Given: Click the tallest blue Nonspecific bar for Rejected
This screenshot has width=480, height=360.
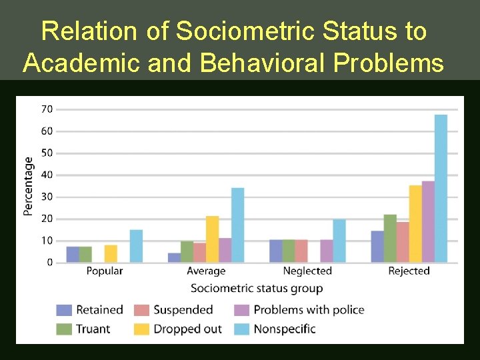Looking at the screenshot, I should pyautogui.click(x=441, y=189).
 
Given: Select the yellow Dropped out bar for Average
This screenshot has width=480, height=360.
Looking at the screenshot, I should pyautogui.click(x=212, y=239).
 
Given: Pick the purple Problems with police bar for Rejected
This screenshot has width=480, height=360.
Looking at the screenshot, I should pyautogui.click(x=428, y=221).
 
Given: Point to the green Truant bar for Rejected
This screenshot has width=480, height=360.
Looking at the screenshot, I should pyautogui.click(x=390, y=239).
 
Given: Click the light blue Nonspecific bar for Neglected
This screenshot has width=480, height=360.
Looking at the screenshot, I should pyautogui.click(x=339, y=241).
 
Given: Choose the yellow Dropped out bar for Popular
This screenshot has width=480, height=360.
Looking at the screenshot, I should pyautogui.click(x=111, y=254).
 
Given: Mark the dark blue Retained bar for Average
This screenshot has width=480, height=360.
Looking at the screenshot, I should pyautogui.click(x=174, y=258).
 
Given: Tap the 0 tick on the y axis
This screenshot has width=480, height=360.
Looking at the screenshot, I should pyautogui.click(x=49, y=263).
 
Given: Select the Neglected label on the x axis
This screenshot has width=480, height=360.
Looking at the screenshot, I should pyautogui.click(x=307, y=271).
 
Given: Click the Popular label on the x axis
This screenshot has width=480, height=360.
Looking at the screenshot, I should pyautogui.click(x=104, y=271).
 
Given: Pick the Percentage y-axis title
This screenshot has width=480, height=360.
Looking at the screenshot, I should pyautogui.click(x=29, y=186).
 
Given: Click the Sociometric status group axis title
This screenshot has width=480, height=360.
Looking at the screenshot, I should pyautogui.click(x=257, y=289).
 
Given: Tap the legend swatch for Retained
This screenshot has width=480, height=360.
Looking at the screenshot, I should pyautogui.click(x=64, y=310).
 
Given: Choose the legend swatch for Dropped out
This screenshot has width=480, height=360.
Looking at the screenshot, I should pyautogui.click(x=141, y=329).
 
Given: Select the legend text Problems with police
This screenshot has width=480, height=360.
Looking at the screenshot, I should pyautogui.click(x=309, y=310).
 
